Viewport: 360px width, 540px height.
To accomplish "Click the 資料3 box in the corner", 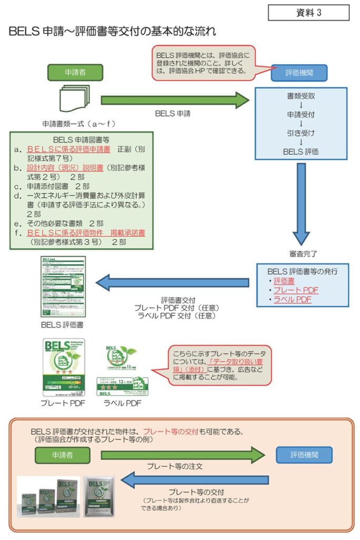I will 308,13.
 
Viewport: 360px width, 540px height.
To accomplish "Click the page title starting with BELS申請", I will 112,32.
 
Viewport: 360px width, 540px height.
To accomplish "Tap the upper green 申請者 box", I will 75,73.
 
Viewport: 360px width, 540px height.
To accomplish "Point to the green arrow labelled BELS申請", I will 174,100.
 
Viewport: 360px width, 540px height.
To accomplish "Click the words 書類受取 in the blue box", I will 300,97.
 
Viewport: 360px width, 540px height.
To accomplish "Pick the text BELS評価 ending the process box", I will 300,152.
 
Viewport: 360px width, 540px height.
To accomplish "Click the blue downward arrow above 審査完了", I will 300,200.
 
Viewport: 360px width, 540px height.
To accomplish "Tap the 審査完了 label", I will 301,254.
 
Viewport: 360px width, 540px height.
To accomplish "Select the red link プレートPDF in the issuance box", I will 296,290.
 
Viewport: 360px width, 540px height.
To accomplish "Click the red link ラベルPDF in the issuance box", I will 293,300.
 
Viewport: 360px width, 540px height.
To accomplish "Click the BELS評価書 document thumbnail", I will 63,287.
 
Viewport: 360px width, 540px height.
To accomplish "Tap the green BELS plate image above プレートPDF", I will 63,367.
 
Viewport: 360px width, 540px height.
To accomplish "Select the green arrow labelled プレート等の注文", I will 182,454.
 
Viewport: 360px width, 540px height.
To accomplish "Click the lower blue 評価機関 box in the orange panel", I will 304,455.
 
